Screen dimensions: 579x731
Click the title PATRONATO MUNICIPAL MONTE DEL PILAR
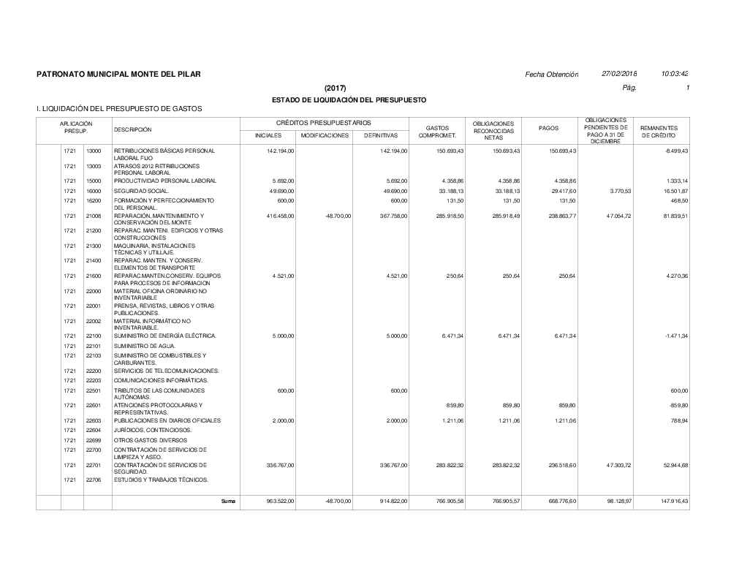(118, 75)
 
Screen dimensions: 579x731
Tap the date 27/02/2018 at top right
(619, 75)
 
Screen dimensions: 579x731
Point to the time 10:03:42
(675, 75)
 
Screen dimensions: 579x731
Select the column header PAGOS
(548, 128)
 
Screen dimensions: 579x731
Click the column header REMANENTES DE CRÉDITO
(659, 132)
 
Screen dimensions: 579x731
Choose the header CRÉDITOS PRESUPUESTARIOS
(323, 123)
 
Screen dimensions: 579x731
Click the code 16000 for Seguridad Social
(94, 190)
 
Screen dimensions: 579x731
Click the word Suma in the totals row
(228, 501)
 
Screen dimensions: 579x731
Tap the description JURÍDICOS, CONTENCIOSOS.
(153, 431)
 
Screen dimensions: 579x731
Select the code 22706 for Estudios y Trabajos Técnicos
(94, 480)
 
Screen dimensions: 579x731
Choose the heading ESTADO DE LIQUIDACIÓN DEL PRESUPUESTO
(349, 99)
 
